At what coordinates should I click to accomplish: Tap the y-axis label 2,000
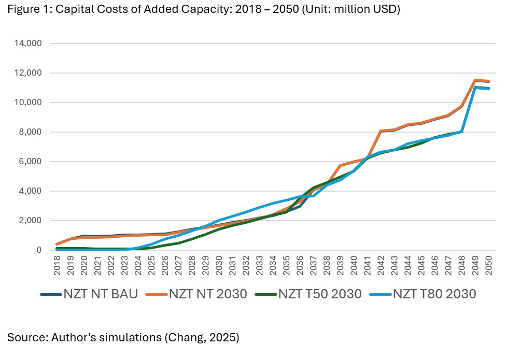click(31, 221)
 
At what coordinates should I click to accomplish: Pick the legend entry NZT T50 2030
click(320, 294)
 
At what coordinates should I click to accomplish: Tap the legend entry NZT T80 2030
click(434, 294)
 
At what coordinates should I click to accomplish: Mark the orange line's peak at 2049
click(475, 80)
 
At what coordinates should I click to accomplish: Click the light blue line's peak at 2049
click(475, 88)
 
